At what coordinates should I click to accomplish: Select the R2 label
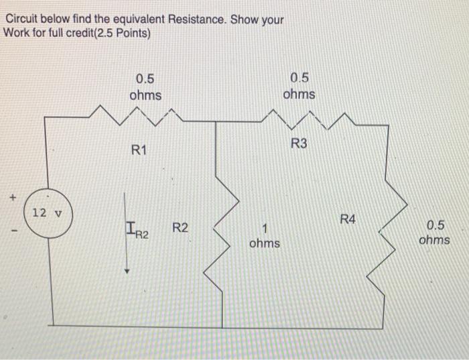pos(180,229)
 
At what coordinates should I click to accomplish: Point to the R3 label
pos(299,143)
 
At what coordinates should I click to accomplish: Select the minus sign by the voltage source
pos(13,233)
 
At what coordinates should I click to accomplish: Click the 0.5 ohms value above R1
pos(145,86)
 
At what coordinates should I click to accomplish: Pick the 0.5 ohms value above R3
pos(299,85)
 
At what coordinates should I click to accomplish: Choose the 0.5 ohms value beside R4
pos(434,232)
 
